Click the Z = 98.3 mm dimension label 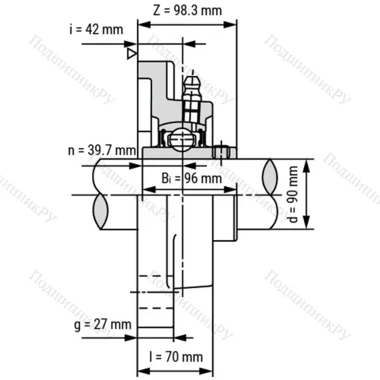187,11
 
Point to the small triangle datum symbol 132,54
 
